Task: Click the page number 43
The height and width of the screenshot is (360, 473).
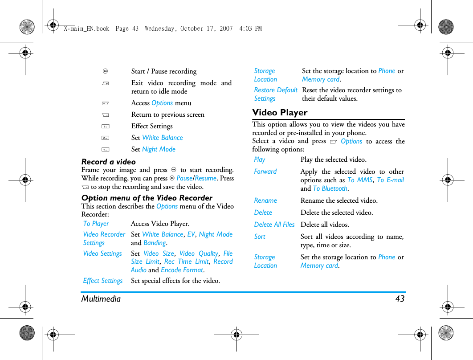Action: pyautogui.click(x=400, y=299)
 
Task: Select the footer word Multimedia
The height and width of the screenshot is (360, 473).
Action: pyautogui.click(x=101, y=299)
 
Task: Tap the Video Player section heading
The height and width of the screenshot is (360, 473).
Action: pyautogui.click(x=280, y=113)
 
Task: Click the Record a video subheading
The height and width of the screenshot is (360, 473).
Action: pyautogui.click(x=108, y=162)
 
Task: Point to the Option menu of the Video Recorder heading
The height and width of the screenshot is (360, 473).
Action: pyautogui.click(x=147, y=198)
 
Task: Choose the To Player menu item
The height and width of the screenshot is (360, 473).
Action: pyautogui.click(x=96, y=224)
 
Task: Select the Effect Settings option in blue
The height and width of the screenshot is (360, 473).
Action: pyautogui.click(x=103, y=281)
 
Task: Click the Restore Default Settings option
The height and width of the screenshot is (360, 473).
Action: pyautogui.click(x=275, y=94)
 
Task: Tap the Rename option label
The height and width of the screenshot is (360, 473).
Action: pyautogui.click(x=265, y=200)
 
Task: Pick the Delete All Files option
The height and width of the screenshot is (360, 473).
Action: pyautogui.click(x=274, y=225)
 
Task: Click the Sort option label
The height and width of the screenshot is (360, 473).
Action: pyautogui.click(x=260, y=237)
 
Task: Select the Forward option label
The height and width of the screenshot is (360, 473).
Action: pyautogui.click(x=265, y=172)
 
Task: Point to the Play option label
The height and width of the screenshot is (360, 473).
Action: pyautogui.click(x=259, y=160)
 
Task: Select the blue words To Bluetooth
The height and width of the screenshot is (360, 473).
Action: pyautogui.click(x=330, y=188)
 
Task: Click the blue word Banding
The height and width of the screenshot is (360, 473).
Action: pyautogui.click(x=155, y=243)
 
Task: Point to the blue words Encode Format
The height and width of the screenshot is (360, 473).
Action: pyautogui.click(x=182, y=270)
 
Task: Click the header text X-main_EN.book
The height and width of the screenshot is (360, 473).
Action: pyautogui.click(x=86, y=29)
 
